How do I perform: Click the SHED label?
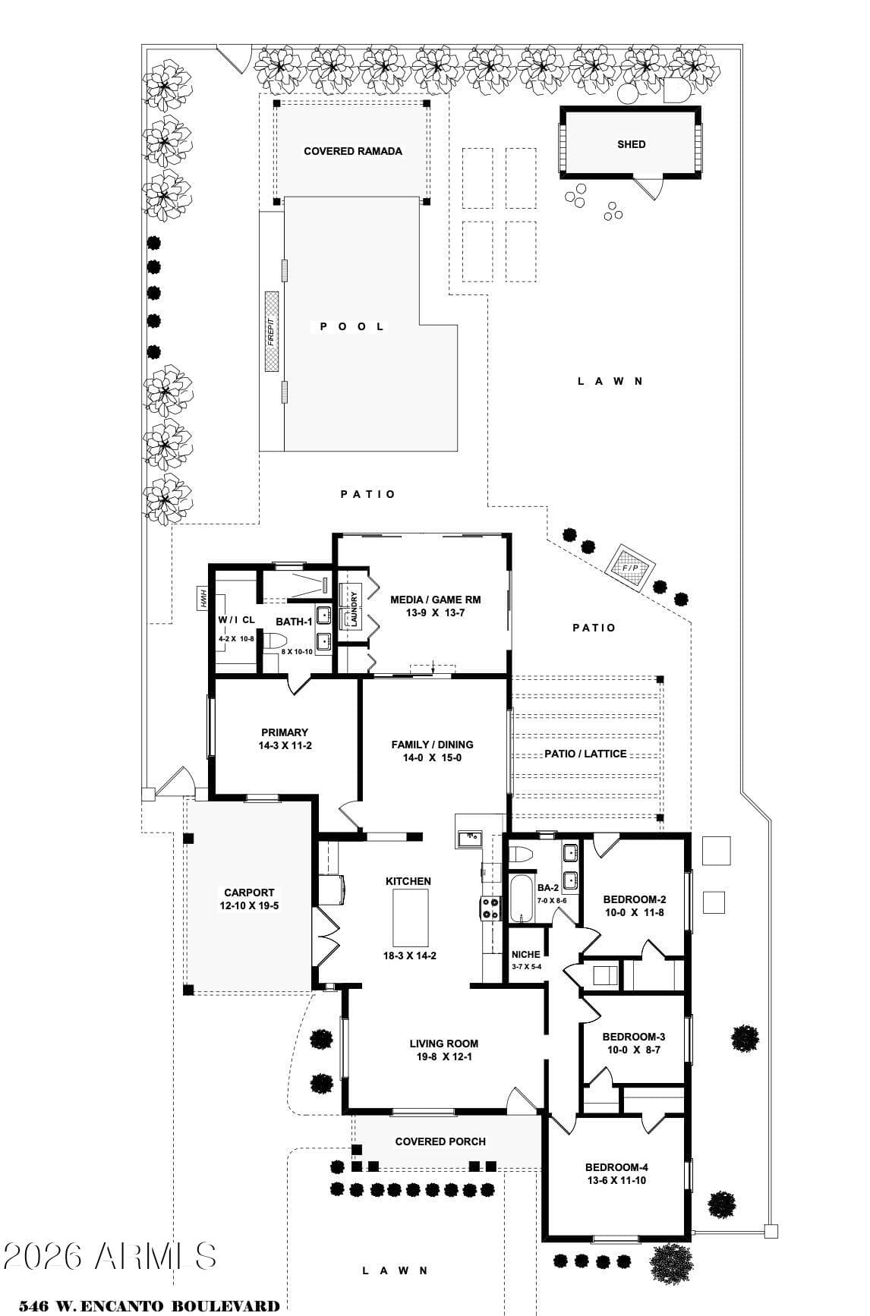631,144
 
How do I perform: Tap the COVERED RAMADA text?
353,151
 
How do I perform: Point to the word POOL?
352,326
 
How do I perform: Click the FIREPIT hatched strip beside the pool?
272,332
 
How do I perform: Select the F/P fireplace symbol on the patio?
630,568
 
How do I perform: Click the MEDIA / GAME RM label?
435,600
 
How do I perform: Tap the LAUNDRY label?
354,608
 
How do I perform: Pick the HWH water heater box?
203,598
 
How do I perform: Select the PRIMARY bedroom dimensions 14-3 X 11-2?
285,745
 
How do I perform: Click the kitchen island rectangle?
410,917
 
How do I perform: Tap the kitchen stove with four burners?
490,909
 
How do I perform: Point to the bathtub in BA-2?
522,899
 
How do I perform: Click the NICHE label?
526,955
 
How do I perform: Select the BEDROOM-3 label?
634,1037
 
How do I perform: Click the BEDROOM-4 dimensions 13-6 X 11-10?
616,1180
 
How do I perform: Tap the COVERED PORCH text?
440,1141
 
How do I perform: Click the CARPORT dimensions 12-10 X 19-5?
249,905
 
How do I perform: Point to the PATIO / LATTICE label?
585,754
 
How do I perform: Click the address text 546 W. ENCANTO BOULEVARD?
149,1306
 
